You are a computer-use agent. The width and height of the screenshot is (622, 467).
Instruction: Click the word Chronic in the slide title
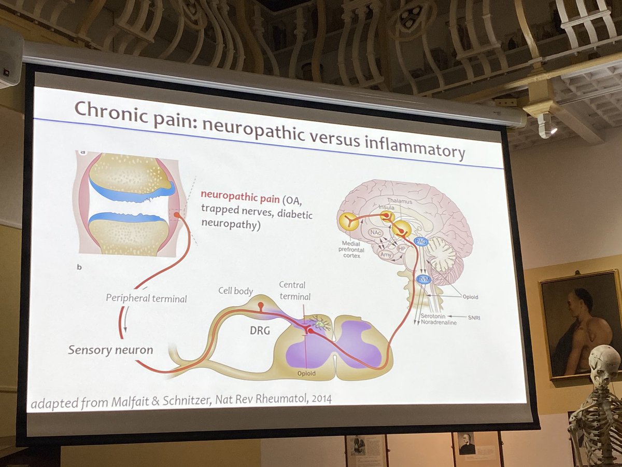tap(110, 111)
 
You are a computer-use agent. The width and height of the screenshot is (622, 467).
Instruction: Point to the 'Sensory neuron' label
tap(110, 349)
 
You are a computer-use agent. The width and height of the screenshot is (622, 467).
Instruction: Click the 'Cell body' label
tap(235, 291)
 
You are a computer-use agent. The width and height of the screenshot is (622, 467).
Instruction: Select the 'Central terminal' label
tap(292, 291)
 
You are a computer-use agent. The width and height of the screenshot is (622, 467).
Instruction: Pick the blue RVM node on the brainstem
tap(423, 280)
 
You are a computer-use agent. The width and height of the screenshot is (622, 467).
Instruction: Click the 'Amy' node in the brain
tap(386, 254)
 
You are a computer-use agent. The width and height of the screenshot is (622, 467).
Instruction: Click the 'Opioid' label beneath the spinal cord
tap(307, 373)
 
